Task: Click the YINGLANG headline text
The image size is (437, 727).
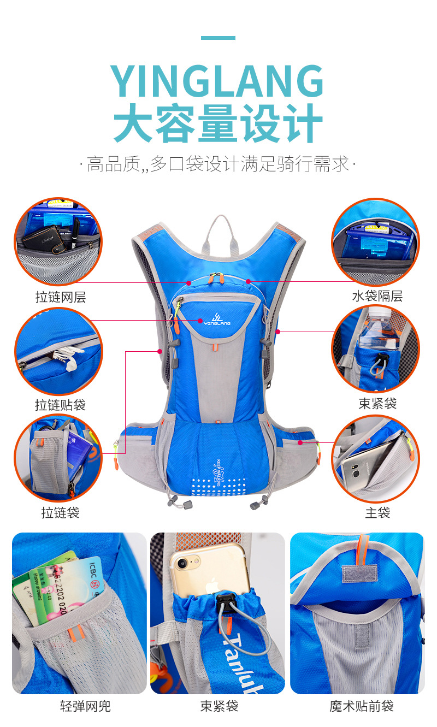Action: click(218, 82)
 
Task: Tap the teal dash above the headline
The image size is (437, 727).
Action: click(218, 38)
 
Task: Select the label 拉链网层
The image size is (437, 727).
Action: click(61, 297)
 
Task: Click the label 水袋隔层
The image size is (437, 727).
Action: click(377, 297)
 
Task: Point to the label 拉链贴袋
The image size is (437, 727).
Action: click(61, 405)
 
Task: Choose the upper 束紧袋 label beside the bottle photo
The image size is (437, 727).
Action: click(377, 404)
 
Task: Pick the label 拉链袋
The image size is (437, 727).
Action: click(61, 513)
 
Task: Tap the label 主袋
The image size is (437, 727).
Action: click(377, 513)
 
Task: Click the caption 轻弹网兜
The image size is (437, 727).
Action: click(85, 706)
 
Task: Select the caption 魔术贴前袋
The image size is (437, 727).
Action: click(362, 706)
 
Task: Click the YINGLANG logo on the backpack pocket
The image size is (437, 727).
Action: click(218, 320)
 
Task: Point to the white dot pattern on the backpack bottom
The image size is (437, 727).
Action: click(217, 487)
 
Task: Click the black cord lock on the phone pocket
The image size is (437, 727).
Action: click(225, 602)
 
